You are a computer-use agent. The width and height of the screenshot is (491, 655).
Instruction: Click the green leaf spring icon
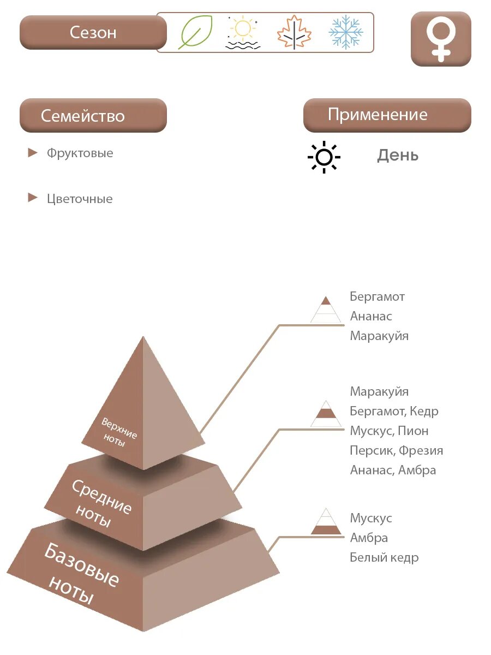pos(195,32)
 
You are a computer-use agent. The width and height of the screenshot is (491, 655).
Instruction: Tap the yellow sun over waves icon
pos(242,33)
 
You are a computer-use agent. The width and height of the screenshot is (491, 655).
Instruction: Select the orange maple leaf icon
pos(294,32)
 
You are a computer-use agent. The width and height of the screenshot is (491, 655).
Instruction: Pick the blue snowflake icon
pos(346,32)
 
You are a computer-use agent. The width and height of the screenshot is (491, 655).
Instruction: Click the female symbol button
pos(441,39)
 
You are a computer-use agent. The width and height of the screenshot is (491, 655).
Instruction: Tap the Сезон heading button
pos(93,32)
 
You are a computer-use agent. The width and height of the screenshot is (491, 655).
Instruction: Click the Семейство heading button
pos(93,116)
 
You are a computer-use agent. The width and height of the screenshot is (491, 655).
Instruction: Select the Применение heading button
pos(387,115)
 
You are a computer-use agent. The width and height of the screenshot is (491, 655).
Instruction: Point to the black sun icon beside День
pos(324,157)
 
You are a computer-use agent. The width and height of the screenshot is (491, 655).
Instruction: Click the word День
pos(398,156)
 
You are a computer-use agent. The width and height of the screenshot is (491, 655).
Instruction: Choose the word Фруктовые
pos(80,153)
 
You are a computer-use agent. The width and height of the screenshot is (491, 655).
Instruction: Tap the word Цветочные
pos(80,199)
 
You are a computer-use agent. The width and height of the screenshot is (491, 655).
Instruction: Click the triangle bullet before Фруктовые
pos(33,153)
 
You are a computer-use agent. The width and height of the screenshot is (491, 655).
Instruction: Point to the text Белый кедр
pos(384,557)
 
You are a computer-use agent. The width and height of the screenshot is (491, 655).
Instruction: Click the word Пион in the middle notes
pos(413,431)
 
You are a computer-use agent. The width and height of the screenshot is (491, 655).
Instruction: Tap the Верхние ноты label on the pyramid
pos(118,432)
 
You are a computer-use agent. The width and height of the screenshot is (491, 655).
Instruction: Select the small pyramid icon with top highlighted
pos(326,309)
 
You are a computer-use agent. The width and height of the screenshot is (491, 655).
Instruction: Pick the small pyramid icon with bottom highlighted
pos(326,522)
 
